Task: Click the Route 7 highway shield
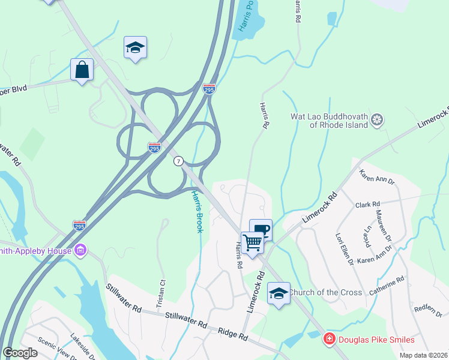point(178,161)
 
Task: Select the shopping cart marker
point(253,243)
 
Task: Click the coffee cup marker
point(261,230)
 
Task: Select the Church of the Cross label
point(325,292)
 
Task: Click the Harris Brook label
point(197,211)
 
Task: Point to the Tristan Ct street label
point(161,291)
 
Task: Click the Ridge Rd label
point(233,335)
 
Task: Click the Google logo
point(20,352)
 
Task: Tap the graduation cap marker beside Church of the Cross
point(279,293)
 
